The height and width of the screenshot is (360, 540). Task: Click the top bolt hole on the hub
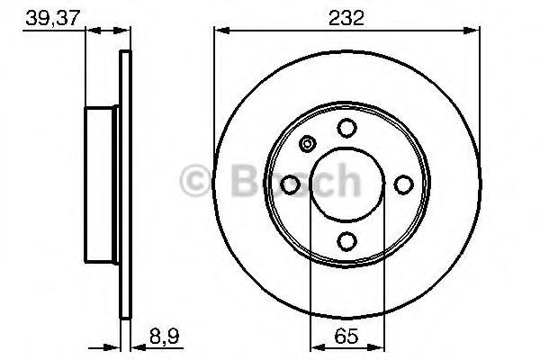pos(346,129)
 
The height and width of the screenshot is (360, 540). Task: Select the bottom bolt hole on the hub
pos(346,240)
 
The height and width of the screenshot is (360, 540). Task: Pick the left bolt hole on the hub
pos(291,184)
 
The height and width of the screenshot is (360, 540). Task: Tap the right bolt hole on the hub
pos(402,184)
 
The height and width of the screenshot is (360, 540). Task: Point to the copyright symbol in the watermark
pos(195,180)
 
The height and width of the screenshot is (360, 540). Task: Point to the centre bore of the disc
pos(346,184)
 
